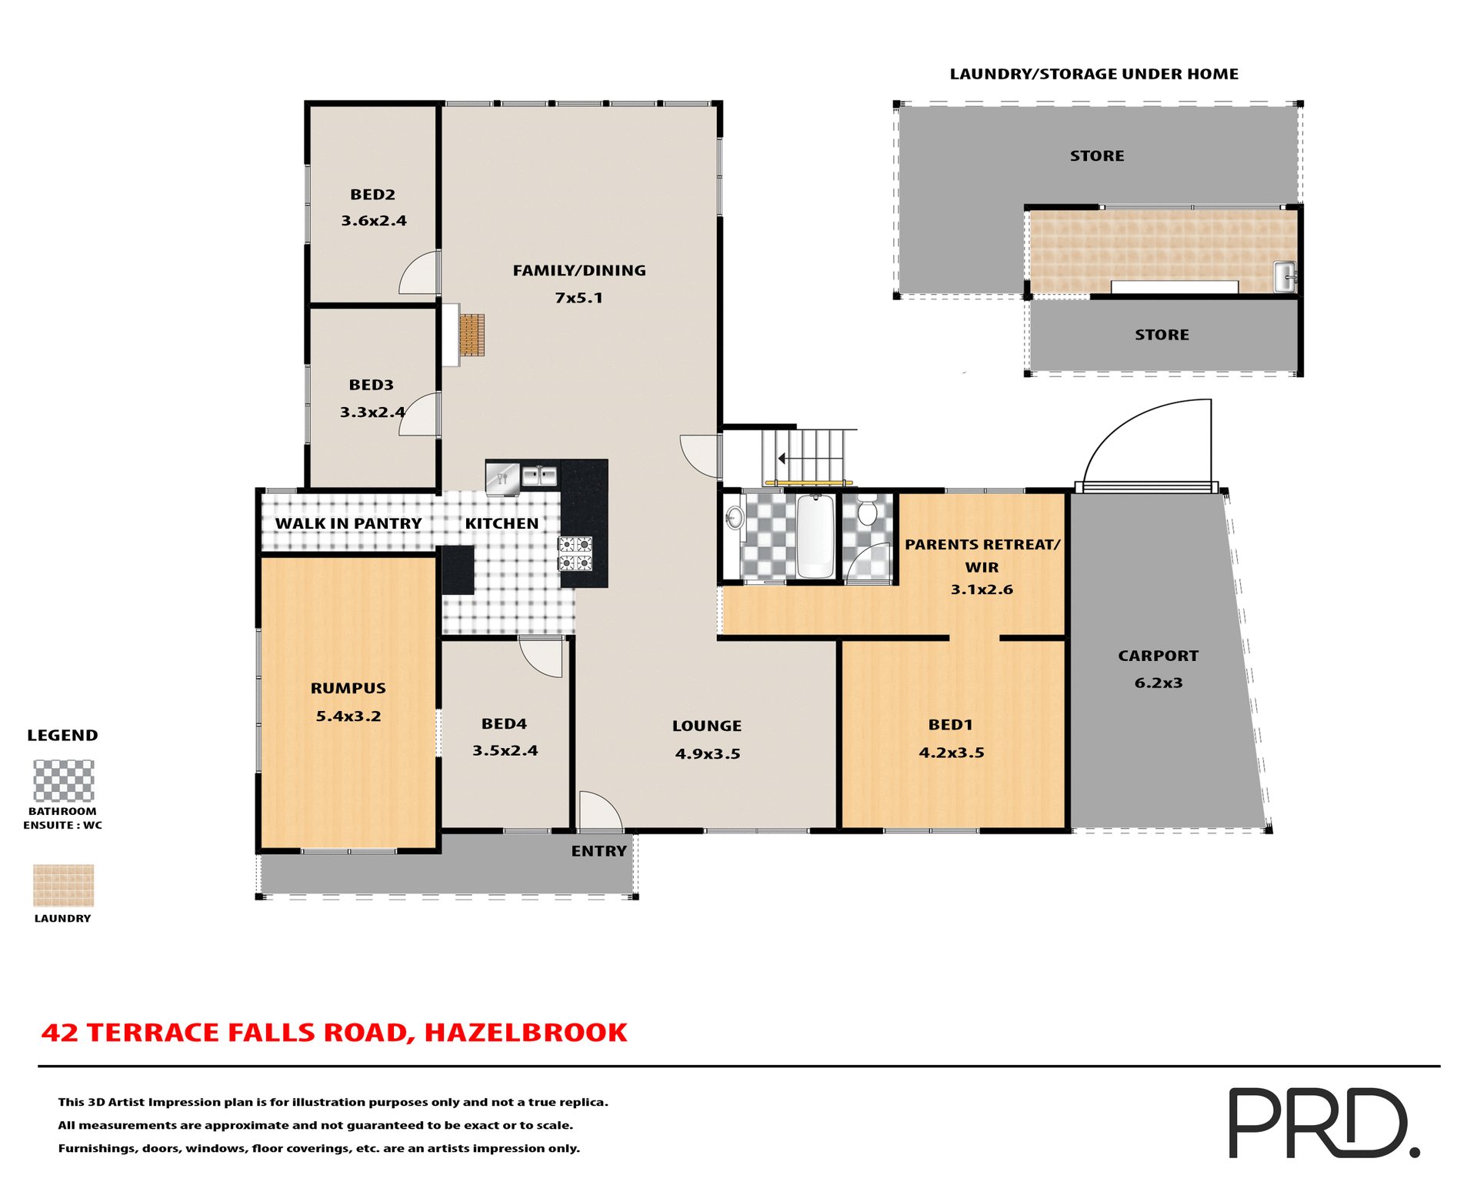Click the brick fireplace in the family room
(x=472, y=335)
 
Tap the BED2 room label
(x=372, y=195)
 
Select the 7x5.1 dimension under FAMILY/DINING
(x=578, y=299)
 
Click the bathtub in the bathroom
(x=815, y=536)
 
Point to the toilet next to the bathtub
(x=867, y=513)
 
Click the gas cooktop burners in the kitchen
(x=575, y=554)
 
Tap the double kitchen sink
(x=539, y=476)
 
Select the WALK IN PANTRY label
(x=348, y=524)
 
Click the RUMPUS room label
(x=348, y=689)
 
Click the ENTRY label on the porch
(x=598, y=851)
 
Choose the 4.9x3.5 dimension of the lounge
(x=707, y=754)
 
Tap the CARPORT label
(x=1158, y=656)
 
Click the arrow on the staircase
(x=782, y=459)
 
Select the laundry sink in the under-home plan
(x=1284, y=277)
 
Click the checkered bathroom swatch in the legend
(x=64, y=780)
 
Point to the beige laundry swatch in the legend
(x=64, y=886)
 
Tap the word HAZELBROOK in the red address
(x=525, y=1033)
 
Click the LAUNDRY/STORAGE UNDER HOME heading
(x=1093, y=75)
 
